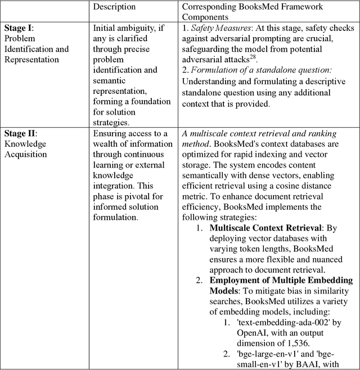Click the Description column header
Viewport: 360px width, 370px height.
coord(114,7)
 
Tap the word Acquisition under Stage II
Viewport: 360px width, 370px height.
coord(25,154)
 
